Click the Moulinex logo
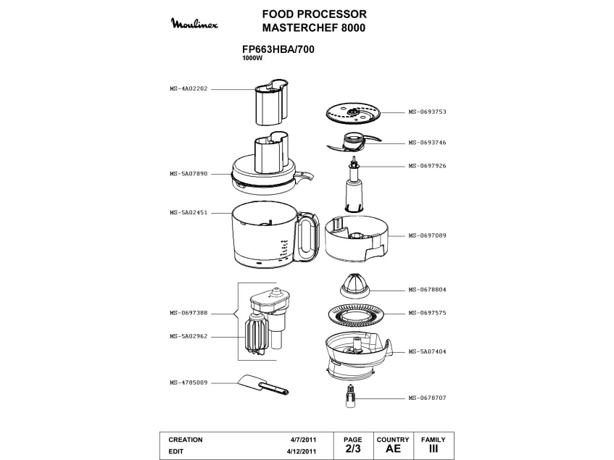194,23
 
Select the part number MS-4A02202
188,89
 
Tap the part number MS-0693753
427,112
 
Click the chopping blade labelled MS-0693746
354,143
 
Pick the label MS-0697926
427,166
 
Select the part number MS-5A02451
188,213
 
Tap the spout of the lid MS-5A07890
304,177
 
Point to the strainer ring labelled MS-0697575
356,314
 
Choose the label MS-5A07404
427,351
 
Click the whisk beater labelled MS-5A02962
254,335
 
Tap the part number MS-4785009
188,382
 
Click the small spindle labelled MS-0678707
351,396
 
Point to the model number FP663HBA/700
278,50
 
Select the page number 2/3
353,448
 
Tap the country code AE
393,448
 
